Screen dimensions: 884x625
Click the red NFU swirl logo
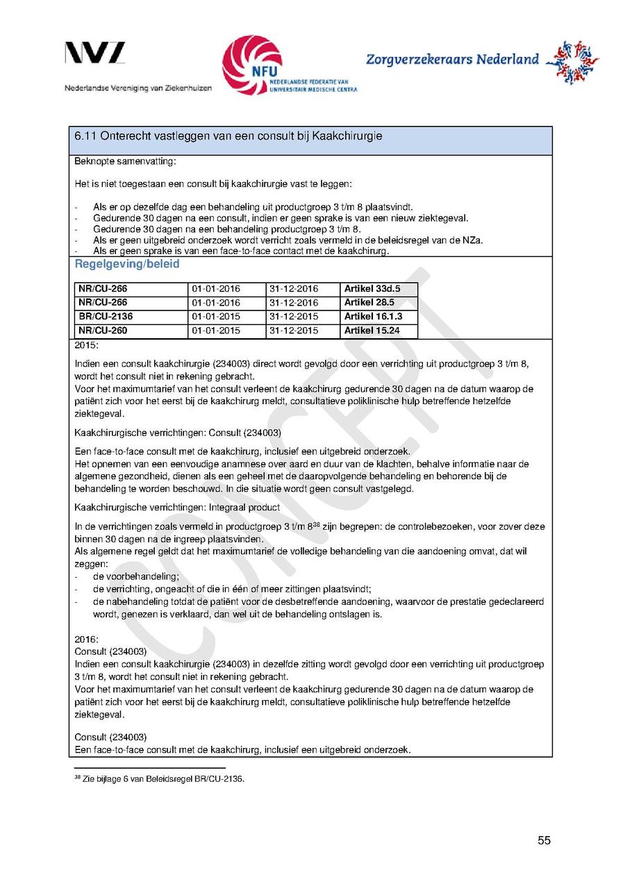(x=251, y=65)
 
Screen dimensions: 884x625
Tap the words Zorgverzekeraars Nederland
(x=452, y=59)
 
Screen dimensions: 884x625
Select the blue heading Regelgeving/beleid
(x=127, y=265)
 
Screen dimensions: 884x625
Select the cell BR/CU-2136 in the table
(x=106, y=317)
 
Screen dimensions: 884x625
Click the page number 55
(x=544, y=840)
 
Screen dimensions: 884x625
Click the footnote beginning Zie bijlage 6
(x=162, y=778)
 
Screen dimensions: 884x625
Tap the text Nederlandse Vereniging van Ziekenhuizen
(x=138, y=89)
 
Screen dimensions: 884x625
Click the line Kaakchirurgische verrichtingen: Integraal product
(x=177, y=508)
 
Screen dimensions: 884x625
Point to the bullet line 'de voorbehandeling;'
(x=136, y=576)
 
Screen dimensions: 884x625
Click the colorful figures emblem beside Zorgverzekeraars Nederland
(x=572, y=61)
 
